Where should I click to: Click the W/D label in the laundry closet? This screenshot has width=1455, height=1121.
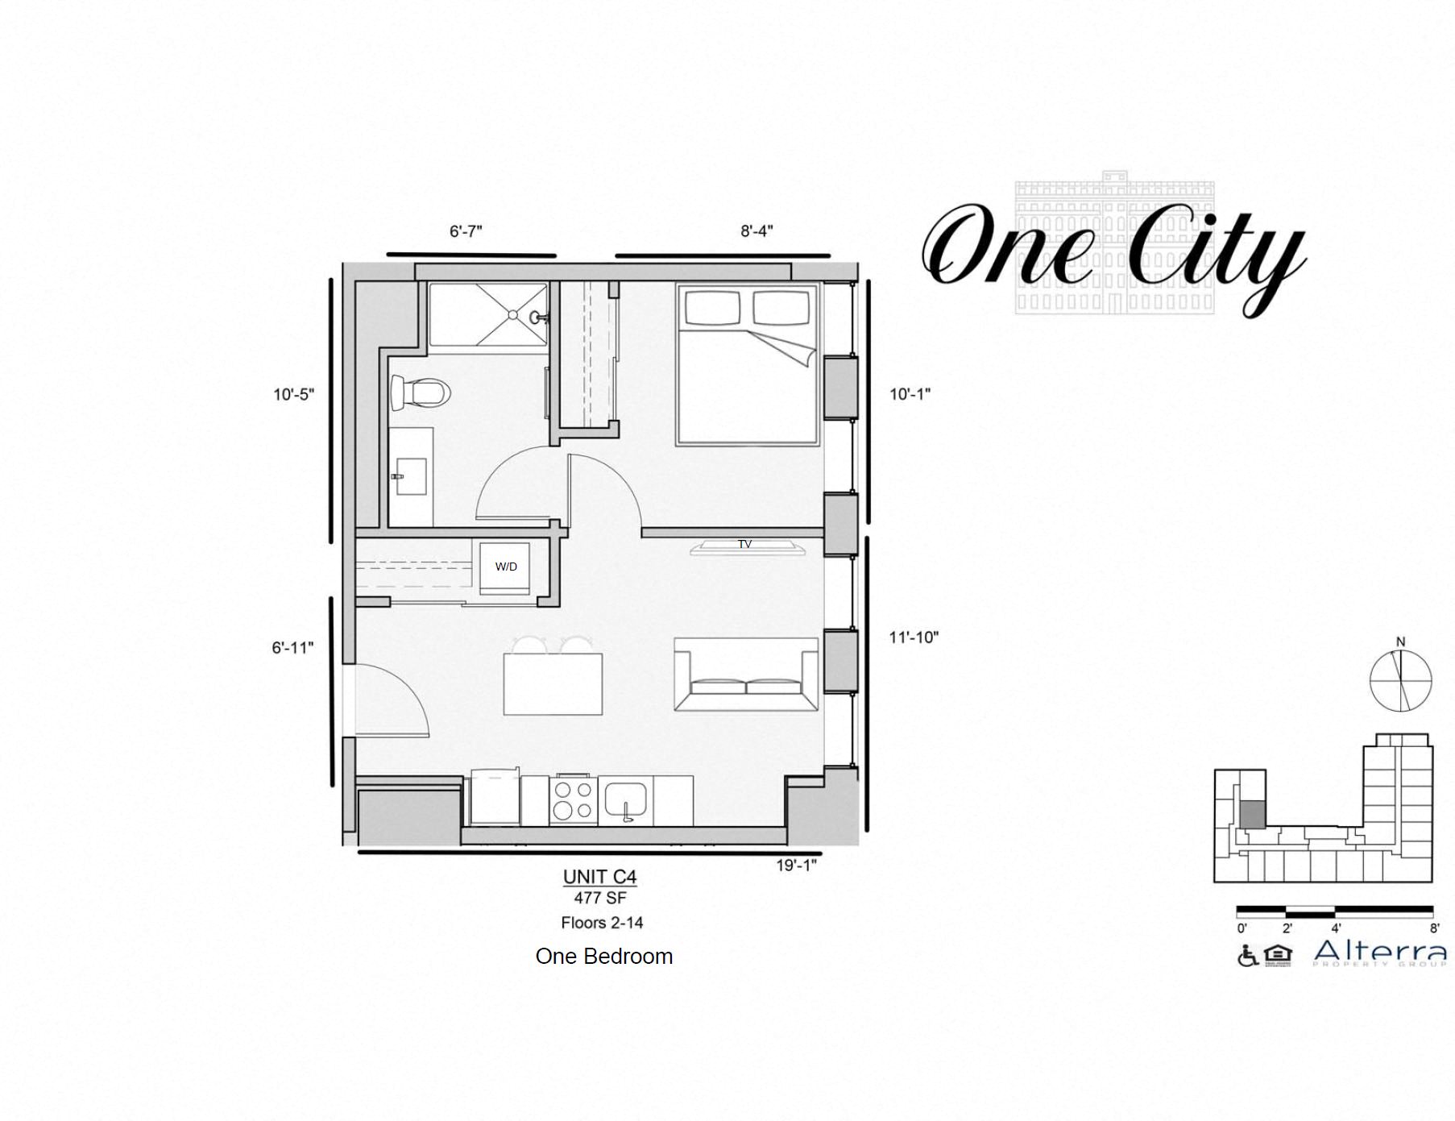point(506,567)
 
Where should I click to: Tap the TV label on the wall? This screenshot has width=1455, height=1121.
point(744,545)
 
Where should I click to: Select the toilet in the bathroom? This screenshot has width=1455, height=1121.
point(421,393)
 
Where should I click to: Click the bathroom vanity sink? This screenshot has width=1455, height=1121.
point(411,476)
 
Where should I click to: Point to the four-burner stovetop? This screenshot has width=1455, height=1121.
point(574,800)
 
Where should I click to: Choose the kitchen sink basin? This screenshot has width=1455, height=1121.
point(625,799)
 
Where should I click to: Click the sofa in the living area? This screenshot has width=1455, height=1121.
point(746,675)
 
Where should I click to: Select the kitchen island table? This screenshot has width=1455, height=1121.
point(553,683)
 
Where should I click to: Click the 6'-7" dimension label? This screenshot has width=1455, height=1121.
point(466,231)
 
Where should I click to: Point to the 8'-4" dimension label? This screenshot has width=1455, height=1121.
point(757,231)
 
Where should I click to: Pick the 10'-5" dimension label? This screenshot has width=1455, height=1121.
point(293,395)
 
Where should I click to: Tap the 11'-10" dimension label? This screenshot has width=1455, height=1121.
point(914,637)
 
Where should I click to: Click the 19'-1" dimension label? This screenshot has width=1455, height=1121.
point(796,866)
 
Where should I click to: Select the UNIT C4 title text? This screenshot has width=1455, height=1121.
point(599,877)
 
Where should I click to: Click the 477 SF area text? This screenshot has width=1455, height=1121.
point(600,898)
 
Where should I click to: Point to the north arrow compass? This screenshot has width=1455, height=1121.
point(1401,679)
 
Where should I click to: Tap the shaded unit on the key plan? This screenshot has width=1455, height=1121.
point(1251,814)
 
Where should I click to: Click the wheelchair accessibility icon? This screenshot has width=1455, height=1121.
point(1247,956)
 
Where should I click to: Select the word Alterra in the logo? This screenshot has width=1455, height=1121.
point(1379,951)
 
